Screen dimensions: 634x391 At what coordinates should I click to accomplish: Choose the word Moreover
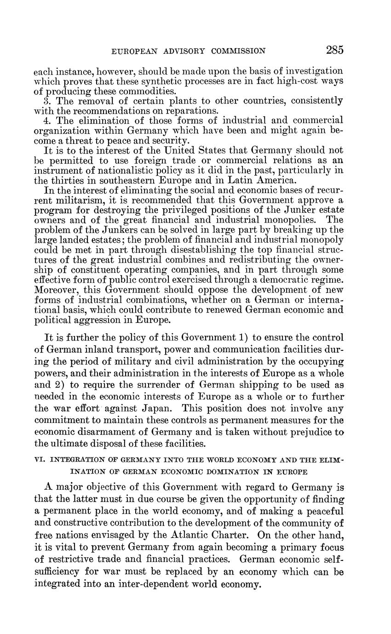tap(56, 290)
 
